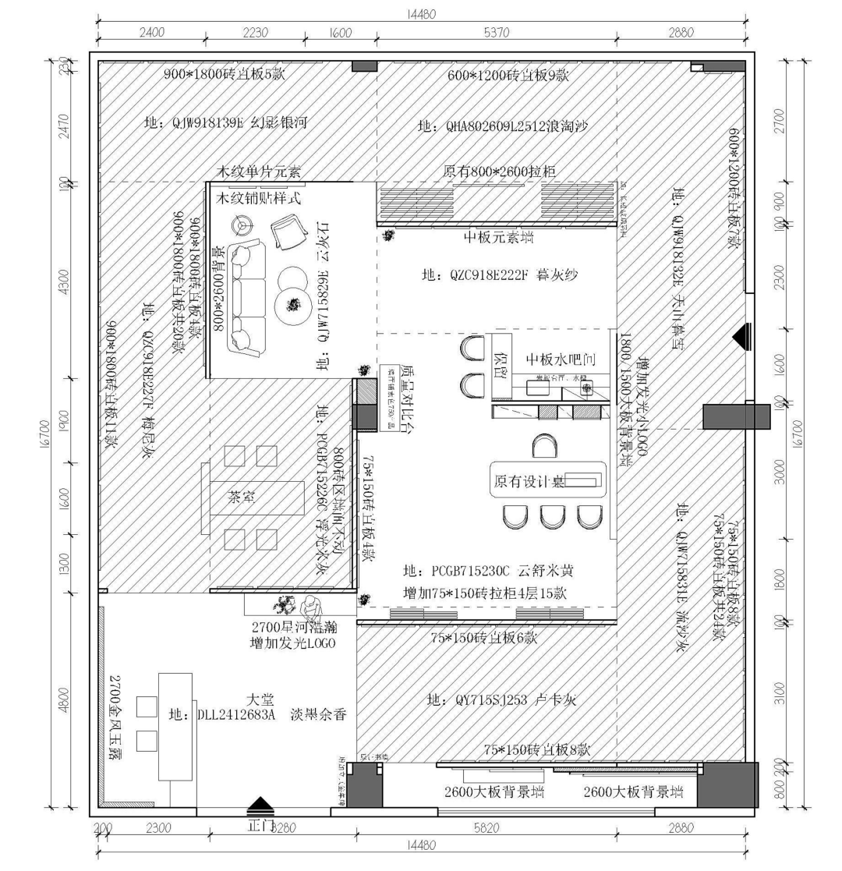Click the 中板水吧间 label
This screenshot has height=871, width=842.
coord(561,359)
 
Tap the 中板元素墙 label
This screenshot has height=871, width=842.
coord(499,237)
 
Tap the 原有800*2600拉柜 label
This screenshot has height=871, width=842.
coord(499,171)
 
